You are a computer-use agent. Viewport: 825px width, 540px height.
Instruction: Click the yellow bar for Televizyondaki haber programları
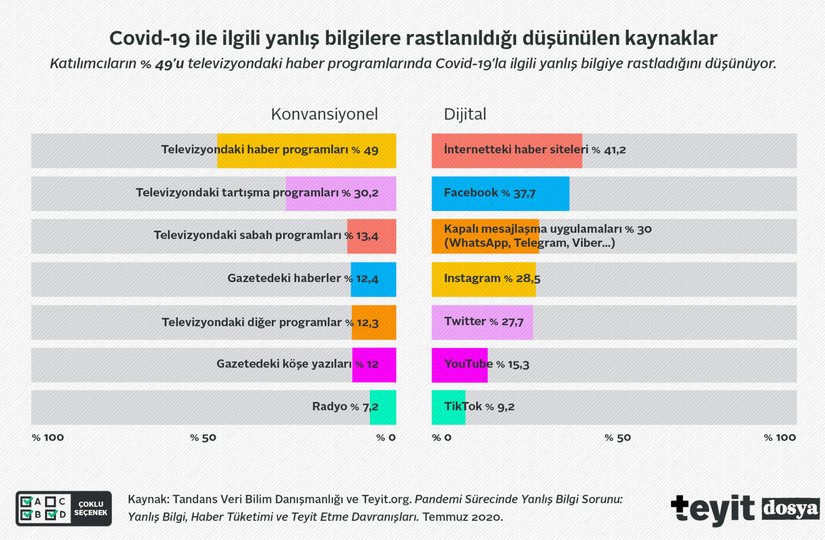(x=306, y=150)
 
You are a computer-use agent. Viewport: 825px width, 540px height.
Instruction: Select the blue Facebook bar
(x=500, y=193)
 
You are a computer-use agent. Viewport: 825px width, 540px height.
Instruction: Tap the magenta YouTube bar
(x=459, y=365)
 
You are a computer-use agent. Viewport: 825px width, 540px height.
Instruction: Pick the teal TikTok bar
(x=448, y=408)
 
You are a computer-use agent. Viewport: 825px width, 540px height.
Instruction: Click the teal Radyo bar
(x=383, y=408)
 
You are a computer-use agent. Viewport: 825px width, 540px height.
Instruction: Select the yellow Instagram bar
(x=483, y=279)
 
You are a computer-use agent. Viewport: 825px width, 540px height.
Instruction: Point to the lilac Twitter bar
(x=481, y=322)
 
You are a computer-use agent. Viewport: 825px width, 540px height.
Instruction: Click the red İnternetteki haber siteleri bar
(x=506, y=150)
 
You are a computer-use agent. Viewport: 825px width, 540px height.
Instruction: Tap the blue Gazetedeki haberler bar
(x=373, y=279)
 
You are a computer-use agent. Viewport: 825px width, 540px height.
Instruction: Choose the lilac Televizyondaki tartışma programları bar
(x=340, y=193)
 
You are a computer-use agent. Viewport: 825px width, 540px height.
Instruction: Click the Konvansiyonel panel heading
(x=325, y=113)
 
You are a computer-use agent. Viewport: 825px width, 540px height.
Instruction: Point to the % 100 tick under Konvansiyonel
(x=48, y=438)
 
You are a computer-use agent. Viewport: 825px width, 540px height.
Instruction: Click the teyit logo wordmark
(x=712, y=507)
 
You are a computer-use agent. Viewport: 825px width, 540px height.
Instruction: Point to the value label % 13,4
(x=362, y=236)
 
